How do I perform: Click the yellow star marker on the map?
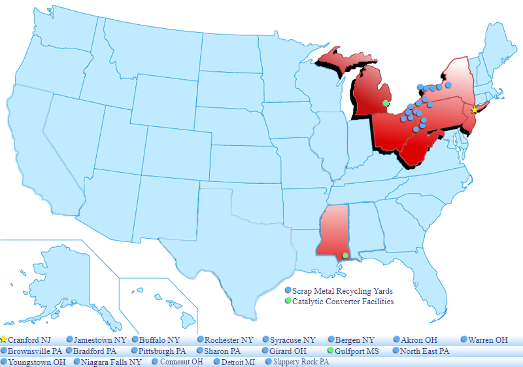pos(475,110)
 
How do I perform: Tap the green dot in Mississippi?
pos(345,255)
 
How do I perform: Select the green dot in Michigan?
pos(386,103)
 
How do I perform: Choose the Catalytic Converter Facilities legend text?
pos(343,302)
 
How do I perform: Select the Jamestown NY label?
pos(100,340)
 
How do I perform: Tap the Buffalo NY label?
pos(160,340)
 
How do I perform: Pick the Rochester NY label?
pos(229,340)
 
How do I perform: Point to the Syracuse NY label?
pos(293,340)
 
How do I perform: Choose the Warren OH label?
pos(488,340)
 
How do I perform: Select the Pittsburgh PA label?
pos(163,351)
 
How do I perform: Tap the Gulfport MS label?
pos(357,351)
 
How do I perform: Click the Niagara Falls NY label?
pos(111,362)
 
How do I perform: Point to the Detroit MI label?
pos(239,362)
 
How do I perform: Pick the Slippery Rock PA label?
pos(301,362)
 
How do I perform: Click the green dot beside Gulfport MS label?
pos(331,351)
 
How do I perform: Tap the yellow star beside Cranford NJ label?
pos(4,340)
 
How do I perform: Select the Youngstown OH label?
pos(37,362)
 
